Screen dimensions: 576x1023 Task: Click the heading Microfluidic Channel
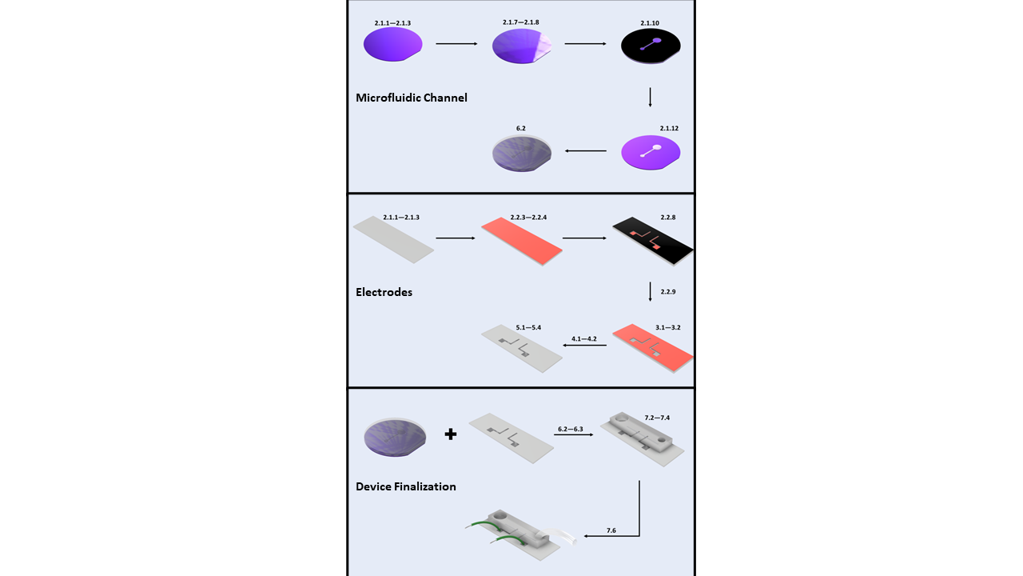(x=411, y=98)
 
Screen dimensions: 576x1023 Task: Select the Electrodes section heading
(x=384, y=292)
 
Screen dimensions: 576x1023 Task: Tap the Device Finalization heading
(x=405, y=486)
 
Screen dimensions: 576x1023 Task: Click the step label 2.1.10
(x=650, y=23)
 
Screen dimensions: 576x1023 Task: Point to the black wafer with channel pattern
(x=651, y=46)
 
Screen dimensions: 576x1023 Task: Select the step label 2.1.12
(x=669, y=128)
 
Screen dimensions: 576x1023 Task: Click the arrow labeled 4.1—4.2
(x=584, y=346)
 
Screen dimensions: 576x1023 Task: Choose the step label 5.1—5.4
(x=528, y=328)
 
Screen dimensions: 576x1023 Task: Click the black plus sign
(x=451, y=434)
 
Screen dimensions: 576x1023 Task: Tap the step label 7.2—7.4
(x=657, y=418)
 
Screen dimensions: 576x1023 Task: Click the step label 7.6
(x=611, y=530)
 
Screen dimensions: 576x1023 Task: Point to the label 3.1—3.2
(x=667, y=328)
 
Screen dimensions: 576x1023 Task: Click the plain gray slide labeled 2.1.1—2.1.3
(x=393, y=239)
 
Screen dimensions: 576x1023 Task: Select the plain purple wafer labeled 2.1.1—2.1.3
(x=392, y=46)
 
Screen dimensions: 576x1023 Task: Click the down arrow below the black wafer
(x=651, y=97)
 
